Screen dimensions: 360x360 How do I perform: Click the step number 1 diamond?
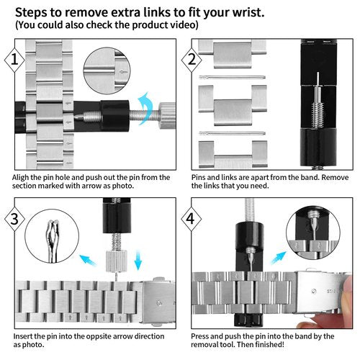[14, 60]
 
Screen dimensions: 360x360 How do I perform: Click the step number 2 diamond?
[192, 60]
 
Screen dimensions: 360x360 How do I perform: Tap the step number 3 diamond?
[14, 219]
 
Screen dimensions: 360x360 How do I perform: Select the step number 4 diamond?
[192, 219]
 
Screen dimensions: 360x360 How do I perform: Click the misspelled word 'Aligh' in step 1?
[21, 178]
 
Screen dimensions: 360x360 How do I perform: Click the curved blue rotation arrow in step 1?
[145, 108]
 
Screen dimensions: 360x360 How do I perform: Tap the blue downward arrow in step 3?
[138, 260]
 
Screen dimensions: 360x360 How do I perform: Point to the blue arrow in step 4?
[279, 258]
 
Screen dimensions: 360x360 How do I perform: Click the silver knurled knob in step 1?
[168, 115]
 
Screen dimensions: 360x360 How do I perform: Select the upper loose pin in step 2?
[232, 77]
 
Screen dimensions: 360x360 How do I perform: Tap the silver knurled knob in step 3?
[116, 261]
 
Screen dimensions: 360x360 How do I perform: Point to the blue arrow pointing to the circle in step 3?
[88, 260]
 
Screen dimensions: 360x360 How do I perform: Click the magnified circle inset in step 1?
[107, 71]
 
